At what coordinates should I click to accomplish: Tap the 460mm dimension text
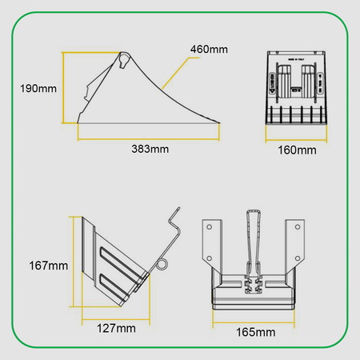209,50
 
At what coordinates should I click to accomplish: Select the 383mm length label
151,148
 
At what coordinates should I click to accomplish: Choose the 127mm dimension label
115,329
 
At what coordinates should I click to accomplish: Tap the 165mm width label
255,331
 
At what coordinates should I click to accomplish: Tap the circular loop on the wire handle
162,263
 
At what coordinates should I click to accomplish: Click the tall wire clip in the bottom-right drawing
254,240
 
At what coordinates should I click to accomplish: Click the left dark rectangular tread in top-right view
284,78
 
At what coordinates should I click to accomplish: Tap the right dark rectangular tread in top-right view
308,78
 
